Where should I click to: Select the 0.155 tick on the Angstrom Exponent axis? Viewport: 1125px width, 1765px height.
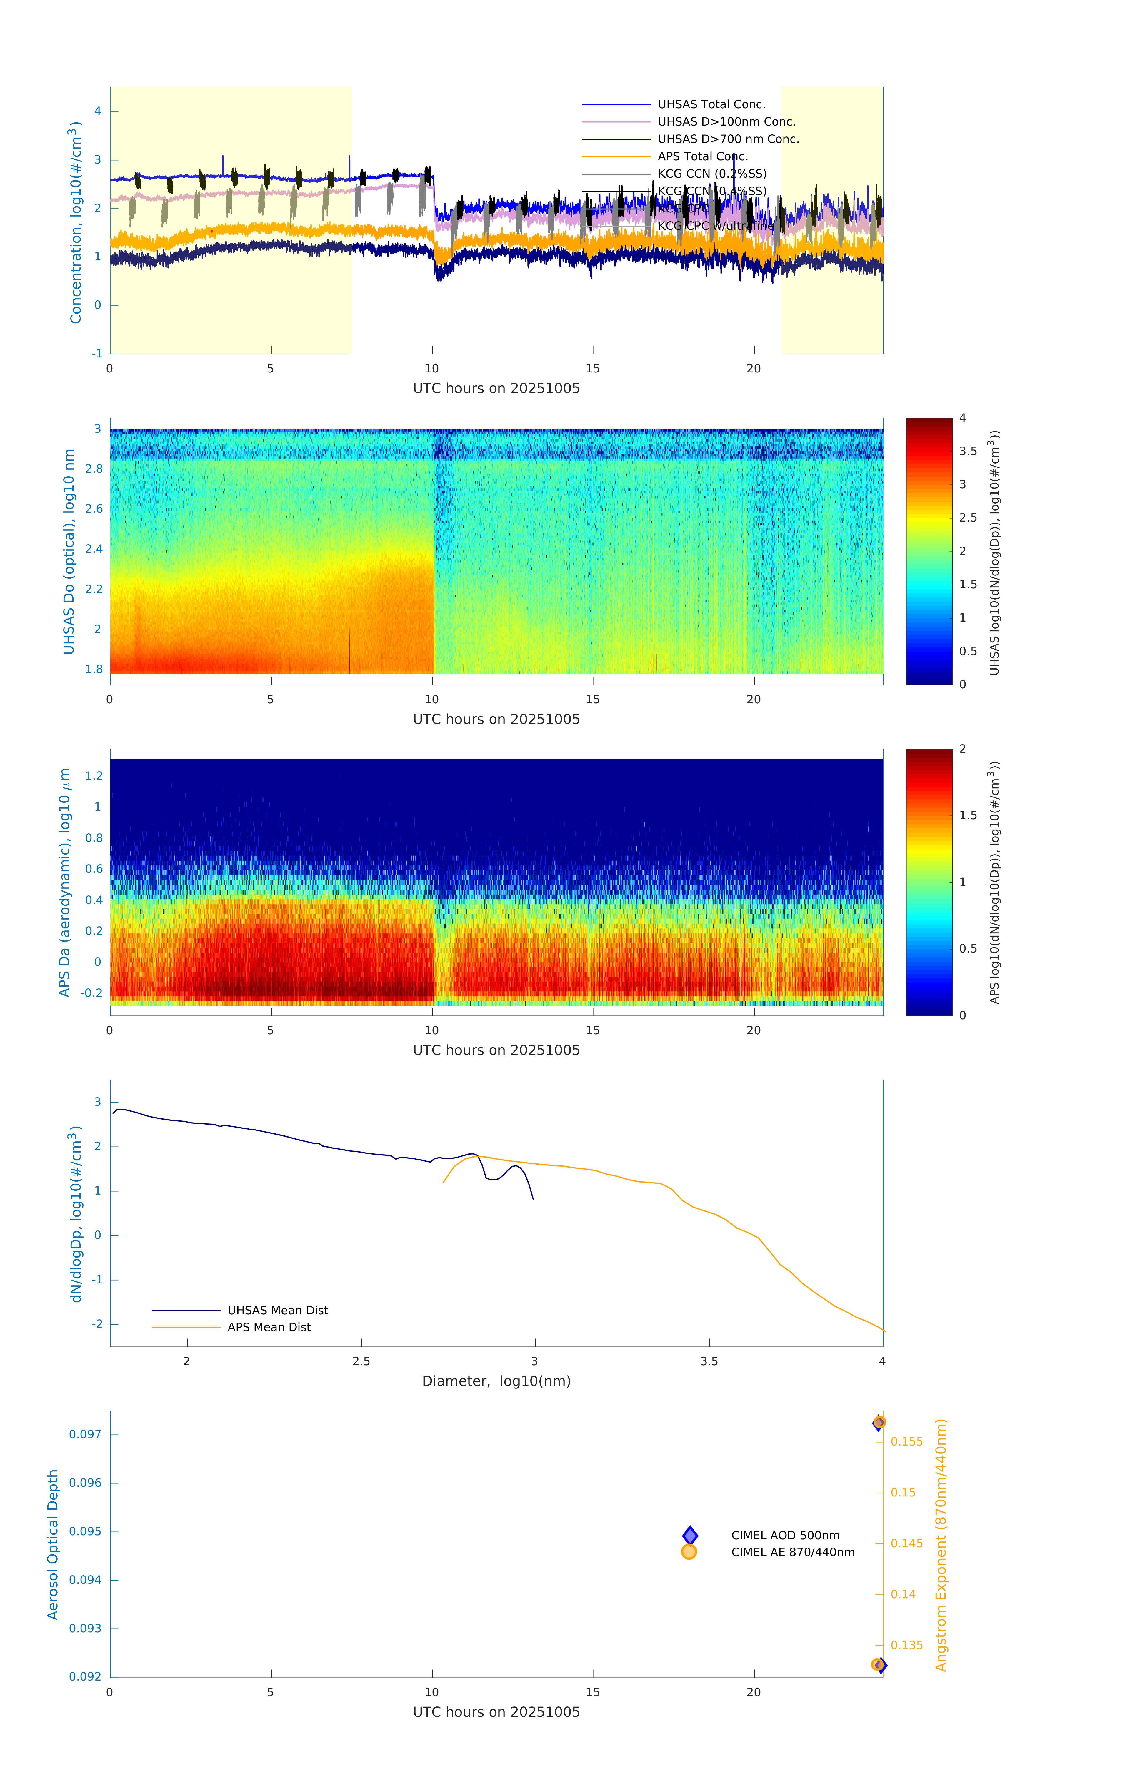point(906,1442)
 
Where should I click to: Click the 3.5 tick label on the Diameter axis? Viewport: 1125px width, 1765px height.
point(709,1362)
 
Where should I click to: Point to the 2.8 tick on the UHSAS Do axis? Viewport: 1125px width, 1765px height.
point(94,469)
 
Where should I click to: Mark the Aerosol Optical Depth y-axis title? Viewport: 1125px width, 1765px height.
point(53,1544)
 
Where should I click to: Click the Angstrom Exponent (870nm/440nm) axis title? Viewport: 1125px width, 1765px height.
point(941,1544)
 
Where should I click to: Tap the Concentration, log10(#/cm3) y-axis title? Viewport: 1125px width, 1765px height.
point(75,222)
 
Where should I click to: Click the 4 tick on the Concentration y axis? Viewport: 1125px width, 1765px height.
point(97,111)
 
